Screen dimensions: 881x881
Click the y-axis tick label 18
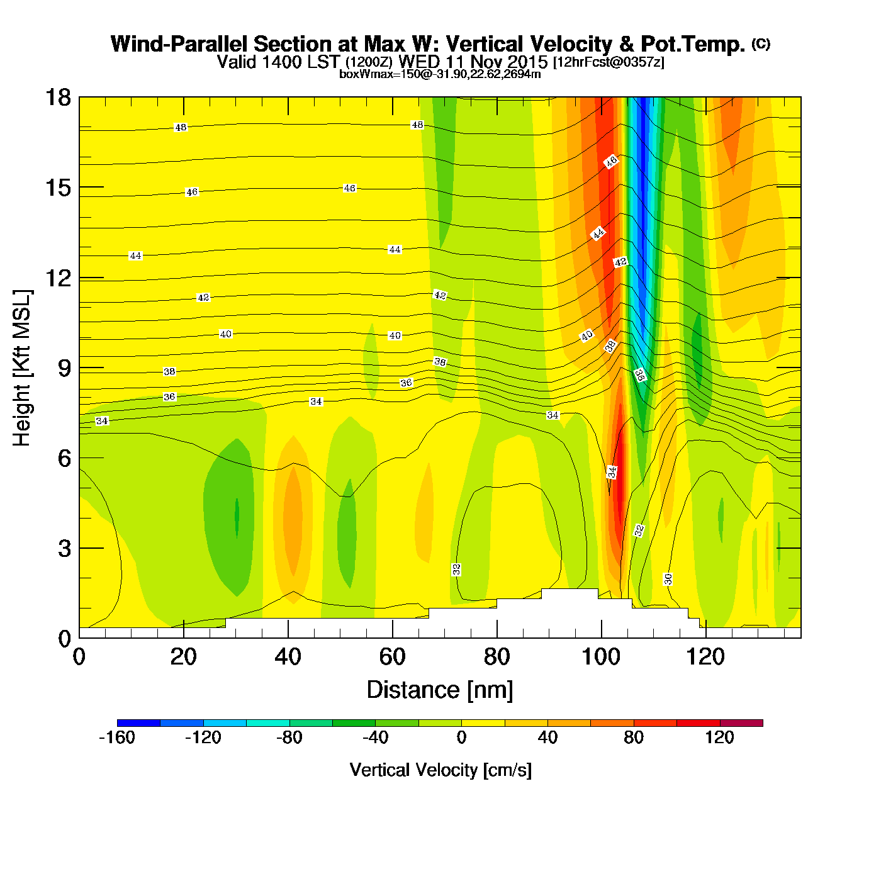point(58,98)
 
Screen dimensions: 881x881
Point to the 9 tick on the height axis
point(64,368)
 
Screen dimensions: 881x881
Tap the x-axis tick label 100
point(601,657)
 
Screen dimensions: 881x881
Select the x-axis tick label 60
point(392,657)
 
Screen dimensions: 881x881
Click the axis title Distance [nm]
point(440,690)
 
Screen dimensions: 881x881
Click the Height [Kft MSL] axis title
point(22,368)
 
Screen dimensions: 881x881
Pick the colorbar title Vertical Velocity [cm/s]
point(441,770)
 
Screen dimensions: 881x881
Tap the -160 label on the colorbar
point(117,738)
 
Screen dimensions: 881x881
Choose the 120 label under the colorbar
point(719,738)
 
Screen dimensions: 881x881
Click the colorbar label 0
point(461,738)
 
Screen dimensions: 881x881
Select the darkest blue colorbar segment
point(138,723)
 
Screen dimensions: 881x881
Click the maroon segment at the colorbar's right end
point(741,723)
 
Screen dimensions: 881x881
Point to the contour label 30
point(668,579)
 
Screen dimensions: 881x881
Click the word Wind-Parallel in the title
point(180,44)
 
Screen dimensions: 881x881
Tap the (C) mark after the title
point(761,43)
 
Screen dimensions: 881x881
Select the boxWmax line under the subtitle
point(440,74)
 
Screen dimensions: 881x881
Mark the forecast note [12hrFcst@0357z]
point(608,62)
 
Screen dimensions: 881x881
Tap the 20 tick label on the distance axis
point(183,657)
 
